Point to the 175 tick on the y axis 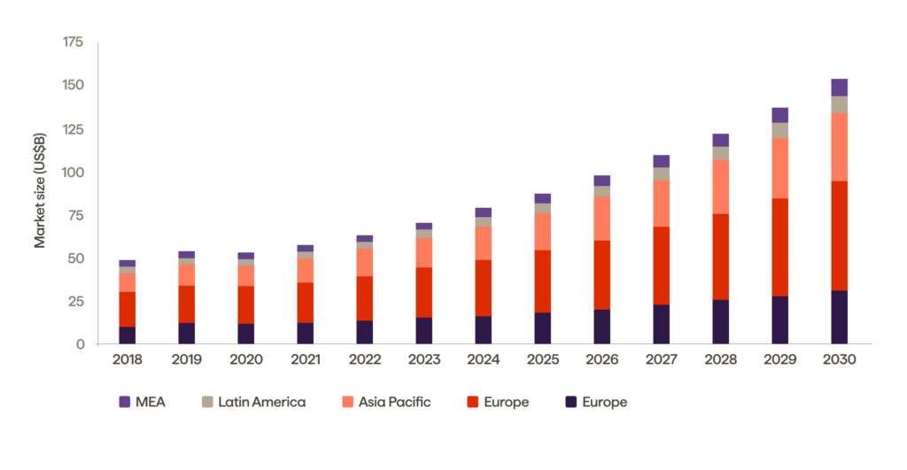(x=73, y=42)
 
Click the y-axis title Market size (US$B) (x=40, y=191)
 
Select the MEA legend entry (x=142, y=402)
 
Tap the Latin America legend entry (x=253, y=402)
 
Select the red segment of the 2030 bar (x=839, y=235)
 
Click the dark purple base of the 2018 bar (x=127, y=335)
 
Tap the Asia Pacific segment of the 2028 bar (x=720, y=187)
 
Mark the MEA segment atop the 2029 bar (x=779, y=115)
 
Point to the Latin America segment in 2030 (x=839, y=104)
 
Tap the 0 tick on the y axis (x=80, y=344)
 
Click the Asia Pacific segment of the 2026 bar (x=601, y=218)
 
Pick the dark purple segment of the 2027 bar (x=661, y=324)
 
